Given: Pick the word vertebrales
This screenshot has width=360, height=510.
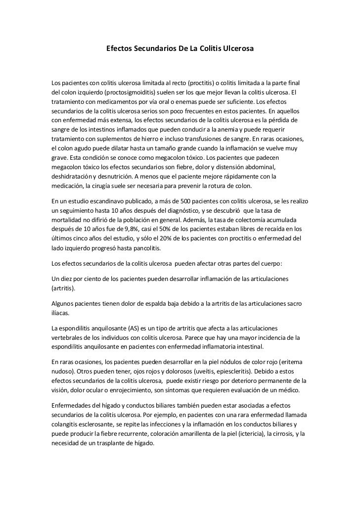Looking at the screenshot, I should click(x=68, y=338).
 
